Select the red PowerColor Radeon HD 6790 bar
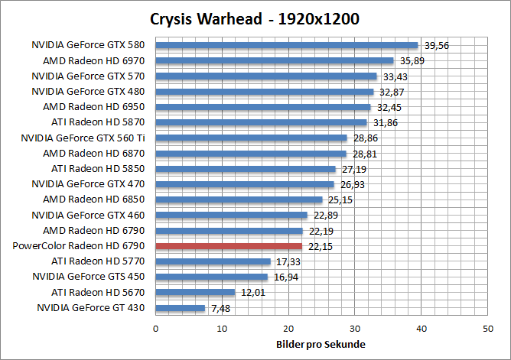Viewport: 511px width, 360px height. coord(229,246)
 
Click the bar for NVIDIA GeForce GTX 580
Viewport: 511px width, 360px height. coord(287,45)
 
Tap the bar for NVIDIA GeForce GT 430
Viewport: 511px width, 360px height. coord(181,308)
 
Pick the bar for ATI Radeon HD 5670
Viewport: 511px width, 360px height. coord(195,292)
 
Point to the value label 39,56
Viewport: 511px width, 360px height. coord(437,45)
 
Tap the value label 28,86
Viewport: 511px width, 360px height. coord(363,138)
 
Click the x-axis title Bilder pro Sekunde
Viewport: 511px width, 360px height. coord(321,343)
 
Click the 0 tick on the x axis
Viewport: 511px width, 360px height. coord(156,328)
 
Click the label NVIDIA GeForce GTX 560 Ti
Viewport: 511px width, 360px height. coord(83,138)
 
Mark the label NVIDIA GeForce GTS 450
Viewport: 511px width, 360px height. coord(89,277)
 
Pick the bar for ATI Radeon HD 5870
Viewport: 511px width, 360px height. coord(262,122)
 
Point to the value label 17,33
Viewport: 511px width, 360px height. coord(287,261)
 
